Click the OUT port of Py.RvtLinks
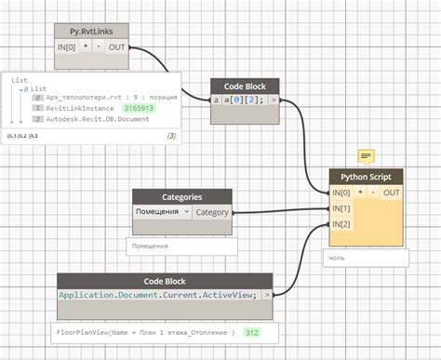point(116,47)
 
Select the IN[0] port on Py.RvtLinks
point(67,47)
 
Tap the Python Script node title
point(366,176)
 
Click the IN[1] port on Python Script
point(341,208)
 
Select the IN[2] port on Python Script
point(341,224)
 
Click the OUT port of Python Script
point(392,193)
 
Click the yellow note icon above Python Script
point(367,155)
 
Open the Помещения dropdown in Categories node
point(162,212)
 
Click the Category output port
point(212,212)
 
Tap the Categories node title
point(181,196)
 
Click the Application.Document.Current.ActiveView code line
point(159,295)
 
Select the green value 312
point(251,331)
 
